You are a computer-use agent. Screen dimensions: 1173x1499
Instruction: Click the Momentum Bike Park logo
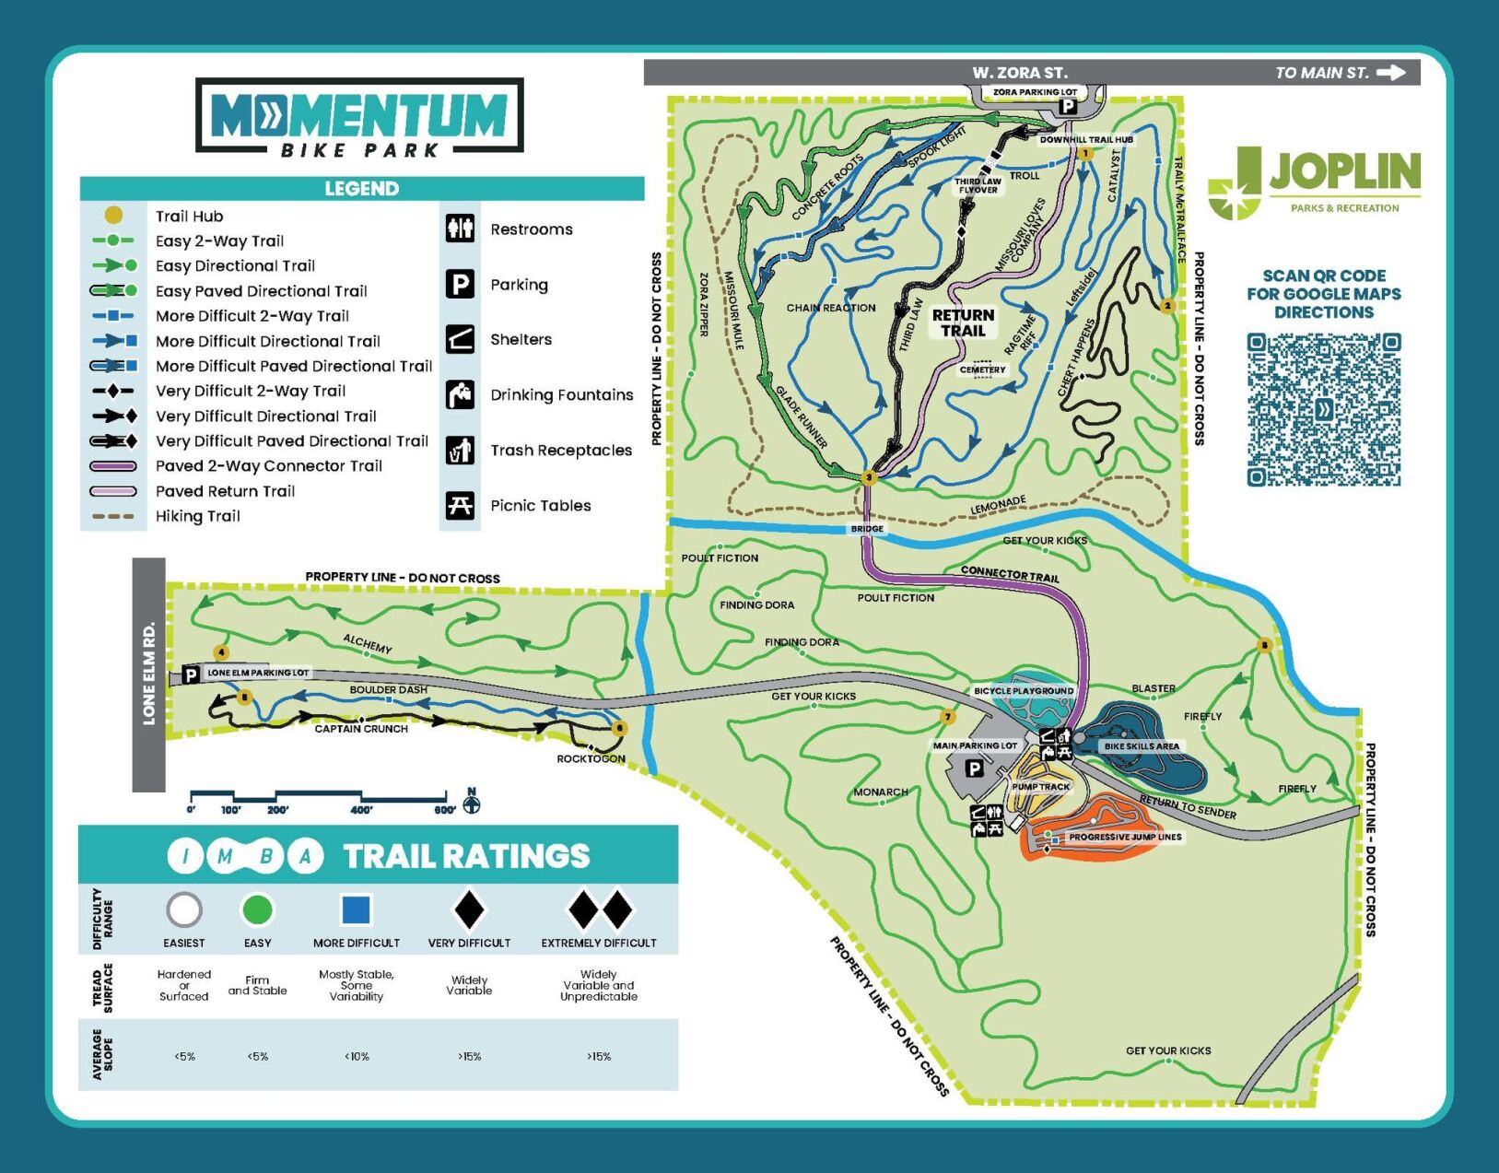pyautogui.click(x=359, y=117)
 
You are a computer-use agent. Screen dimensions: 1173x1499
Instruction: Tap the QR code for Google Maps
pyautogui.click(x=1324, y=410)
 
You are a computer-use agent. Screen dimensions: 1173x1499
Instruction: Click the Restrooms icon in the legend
pyautogui.click(x=460, y=228)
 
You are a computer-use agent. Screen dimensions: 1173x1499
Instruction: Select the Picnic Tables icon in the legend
pyautogui.click(x=460, y=505)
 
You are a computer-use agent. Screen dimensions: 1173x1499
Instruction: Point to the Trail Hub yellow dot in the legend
pyautogui.click(x=113, y=216)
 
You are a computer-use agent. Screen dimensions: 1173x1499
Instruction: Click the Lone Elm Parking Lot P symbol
pyautogui.click(x=191, y=674)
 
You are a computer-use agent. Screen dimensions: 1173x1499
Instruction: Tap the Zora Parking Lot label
pyautogui.click(x=1035, y=92)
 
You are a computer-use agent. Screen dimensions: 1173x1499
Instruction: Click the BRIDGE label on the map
pyautogui.click(x=867, y=529)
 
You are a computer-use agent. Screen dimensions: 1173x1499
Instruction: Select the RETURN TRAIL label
pyautogui.click(x=963, y=323)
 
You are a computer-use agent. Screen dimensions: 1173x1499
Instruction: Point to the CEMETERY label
pyautogui.click(x=982, y=369)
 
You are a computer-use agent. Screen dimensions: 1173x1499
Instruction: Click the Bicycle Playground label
pyautogui.click(x=1024, y=690)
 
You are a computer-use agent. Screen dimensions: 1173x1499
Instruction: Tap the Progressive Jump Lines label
pyautogui.click(x=1124, y=837)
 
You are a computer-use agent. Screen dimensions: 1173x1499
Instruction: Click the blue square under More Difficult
pyautogui.click(x=356, y=909)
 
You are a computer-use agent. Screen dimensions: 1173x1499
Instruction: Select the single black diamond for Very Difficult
pyautogui.click(x=469, y=909)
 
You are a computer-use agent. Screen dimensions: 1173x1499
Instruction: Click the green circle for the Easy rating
pyautogui.click(x=257, y=909)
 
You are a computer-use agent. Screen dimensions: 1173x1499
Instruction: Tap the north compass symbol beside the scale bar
pyautogui.click(x=472, y=803)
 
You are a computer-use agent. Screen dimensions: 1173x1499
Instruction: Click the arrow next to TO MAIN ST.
pyautogui.click(x=1391, y=73)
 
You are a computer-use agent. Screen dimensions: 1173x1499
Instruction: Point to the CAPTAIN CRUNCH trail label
pyautogui.click(x=360, y=729)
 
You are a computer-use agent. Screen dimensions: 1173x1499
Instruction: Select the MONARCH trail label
pyautogui.click(x=880, y=792)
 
